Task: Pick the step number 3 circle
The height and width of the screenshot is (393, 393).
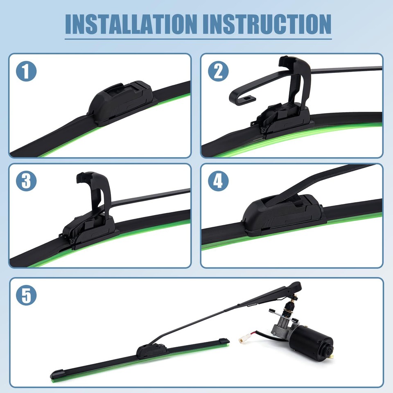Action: coord(27,182)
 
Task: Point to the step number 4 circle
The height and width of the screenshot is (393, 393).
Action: coord(218,182)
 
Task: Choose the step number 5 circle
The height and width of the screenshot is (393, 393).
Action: coord(27,296)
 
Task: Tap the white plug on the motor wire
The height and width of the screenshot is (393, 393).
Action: coord(244,339)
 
